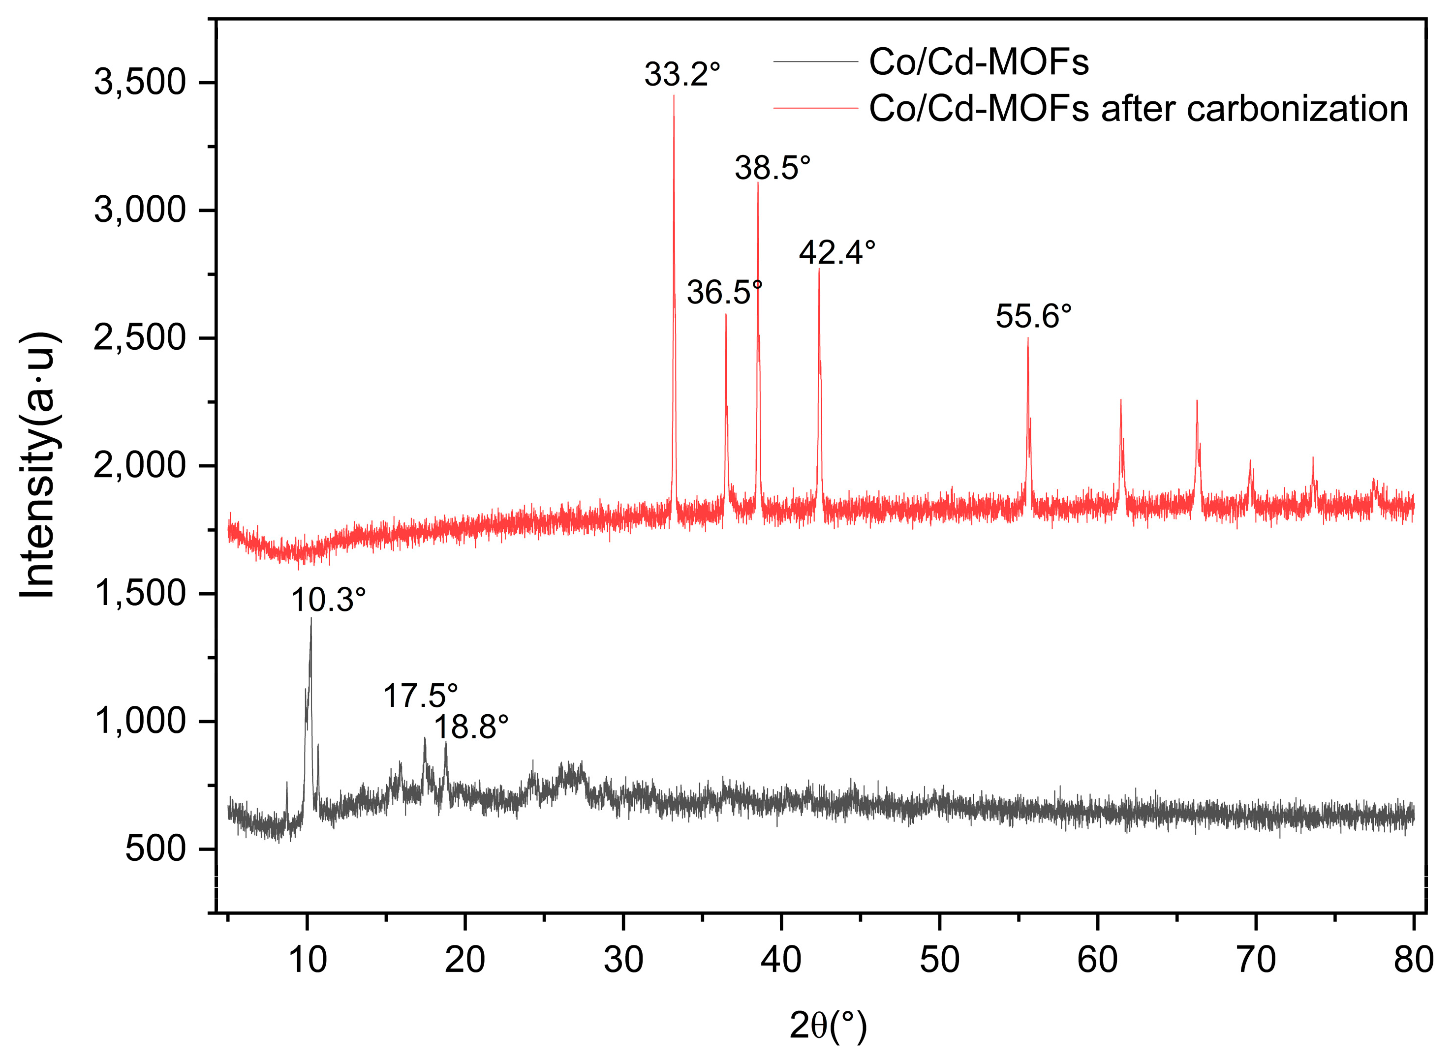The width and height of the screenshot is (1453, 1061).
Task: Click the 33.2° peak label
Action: pyautogui.click(x=681, y=74)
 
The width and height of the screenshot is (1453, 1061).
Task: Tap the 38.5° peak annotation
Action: pyautogui.click(x=772, y=168)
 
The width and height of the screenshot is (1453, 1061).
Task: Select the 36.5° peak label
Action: pyautogui.click(x=724, y=293)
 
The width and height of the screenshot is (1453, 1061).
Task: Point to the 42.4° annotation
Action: pyautogui.click(x=836, y=252)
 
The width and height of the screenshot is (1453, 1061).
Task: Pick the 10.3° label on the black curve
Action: pyautogui.click(x=328, y=600)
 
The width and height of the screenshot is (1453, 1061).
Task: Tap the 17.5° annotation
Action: pyautogui.click(x=420, y=696)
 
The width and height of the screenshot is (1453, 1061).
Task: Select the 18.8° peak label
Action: pyautogui.click(x=471, y=728)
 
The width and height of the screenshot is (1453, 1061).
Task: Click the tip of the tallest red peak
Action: pyautogui.click(x=673, y=96)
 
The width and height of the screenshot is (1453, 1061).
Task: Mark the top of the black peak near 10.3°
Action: pyautogui.click(x=311, y=619)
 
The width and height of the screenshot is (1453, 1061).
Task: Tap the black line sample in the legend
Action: pyautogui.click(x=815, y=61)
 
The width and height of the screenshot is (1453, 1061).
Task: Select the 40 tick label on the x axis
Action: pyautogui.click(x=780, y=961)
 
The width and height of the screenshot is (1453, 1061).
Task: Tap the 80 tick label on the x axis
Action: pyautogui.click(x=1413, y=961)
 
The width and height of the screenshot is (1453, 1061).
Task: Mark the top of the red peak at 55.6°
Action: pyautogui.click(x=1028, y=338)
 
